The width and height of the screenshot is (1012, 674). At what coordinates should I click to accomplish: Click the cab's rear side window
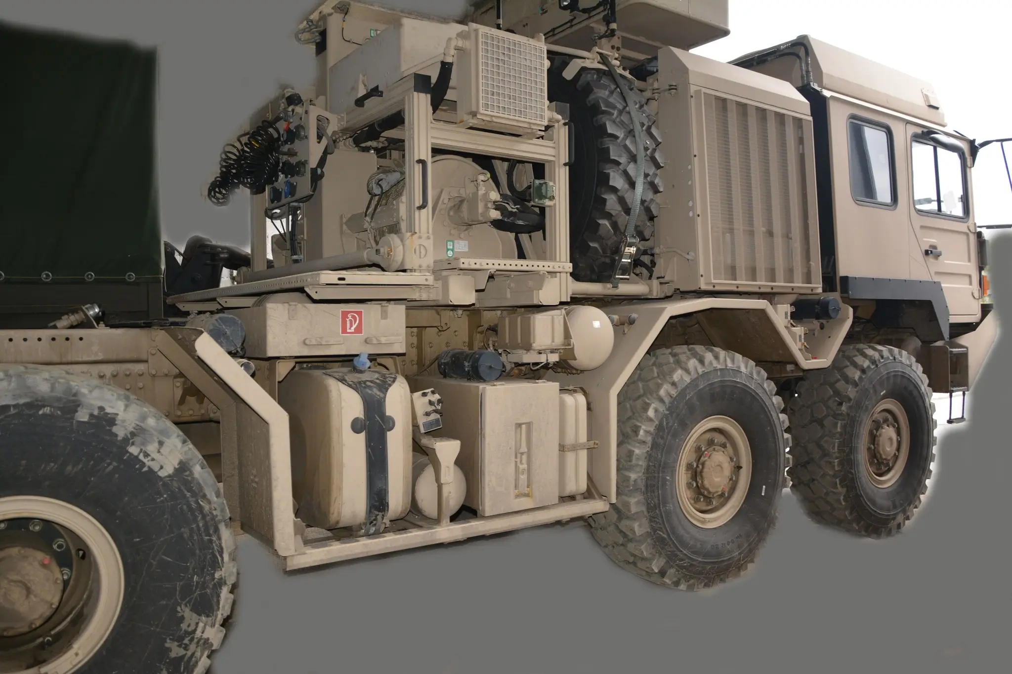pos(871,161)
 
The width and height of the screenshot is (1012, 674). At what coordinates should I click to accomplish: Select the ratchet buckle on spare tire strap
pos(628,256)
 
